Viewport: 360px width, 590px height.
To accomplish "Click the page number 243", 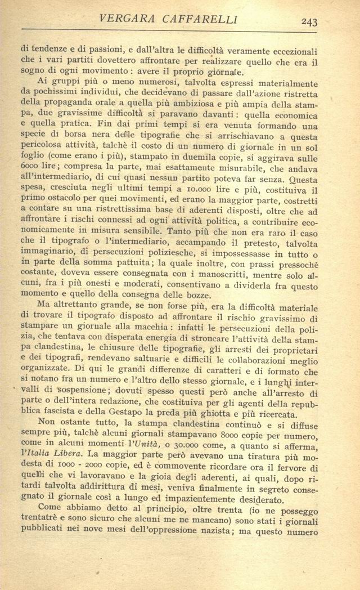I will click(309, 22).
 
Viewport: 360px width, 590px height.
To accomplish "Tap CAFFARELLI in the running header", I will click(201, 20).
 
